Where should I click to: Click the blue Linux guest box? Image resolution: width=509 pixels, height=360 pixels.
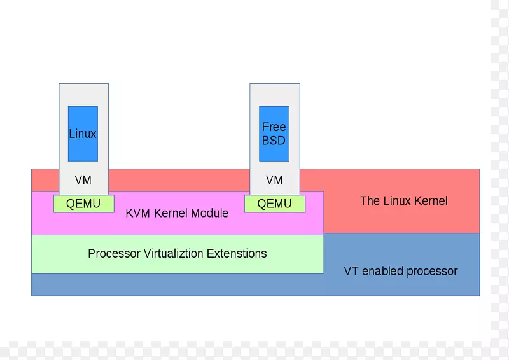(83, 134)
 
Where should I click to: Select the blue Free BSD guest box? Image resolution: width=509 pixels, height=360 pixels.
(274, 134)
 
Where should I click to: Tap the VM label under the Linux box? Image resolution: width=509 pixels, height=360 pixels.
(83, 180)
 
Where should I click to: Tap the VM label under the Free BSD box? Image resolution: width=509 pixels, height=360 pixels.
(274, 180)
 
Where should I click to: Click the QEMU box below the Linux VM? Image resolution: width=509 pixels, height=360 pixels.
(84, 204)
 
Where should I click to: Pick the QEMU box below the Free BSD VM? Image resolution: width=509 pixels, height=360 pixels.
(275, 204)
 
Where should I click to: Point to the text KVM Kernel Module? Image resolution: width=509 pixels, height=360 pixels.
(177, 213)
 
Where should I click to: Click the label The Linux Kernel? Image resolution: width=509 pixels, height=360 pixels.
(404, 201)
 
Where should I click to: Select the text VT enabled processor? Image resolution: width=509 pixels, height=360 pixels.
(401, 272)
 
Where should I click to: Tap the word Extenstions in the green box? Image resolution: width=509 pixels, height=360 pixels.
(237, 254)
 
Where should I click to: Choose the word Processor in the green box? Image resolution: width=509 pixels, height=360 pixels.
(113, 254)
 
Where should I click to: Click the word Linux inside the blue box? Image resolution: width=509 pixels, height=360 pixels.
(83, 134)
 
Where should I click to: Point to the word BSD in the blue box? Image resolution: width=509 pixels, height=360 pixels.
(274, 141)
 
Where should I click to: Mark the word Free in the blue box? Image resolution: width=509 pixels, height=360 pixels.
(274, 127)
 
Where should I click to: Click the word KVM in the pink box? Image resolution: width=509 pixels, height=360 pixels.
(137, 213)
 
